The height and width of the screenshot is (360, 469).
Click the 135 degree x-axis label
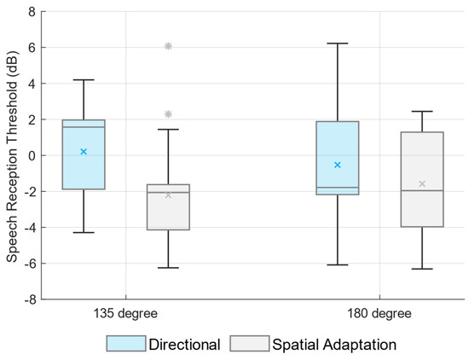pos(125,314)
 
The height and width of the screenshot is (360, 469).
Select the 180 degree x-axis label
pos(379,314)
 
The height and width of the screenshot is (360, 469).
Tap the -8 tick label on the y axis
pos(30,299)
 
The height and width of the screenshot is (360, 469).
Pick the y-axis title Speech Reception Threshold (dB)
pos(12,156)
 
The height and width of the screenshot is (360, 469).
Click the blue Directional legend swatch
pos(126,344)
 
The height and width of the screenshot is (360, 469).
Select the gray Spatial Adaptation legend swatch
pos(250,344)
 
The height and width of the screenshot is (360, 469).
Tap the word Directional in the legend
pos(184,344)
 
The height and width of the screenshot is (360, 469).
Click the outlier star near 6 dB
pos(168,46)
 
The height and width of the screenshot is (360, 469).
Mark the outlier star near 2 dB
pos(168,114)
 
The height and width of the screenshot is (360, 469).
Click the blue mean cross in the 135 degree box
pos(84,152)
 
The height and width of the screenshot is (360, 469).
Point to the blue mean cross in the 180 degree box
pos(338,165)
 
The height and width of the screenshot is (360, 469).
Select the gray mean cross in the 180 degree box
pos(422,183)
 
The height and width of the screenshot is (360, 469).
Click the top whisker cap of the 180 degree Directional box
pos(338,44)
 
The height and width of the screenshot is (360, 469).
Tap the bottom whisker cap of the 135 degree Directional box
pos(84,233)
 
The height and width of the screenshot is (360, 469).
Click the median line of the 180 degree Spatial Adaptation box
pos(422,190)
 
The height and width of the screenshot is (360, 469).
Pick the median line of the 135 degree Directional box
pos(84,127)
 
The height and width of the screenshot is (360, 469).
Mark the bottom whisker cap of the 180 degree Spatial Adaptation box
pos(422,269)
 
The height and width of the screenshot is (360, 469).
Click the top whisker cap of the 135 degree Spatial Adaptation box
pos(168,130)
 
